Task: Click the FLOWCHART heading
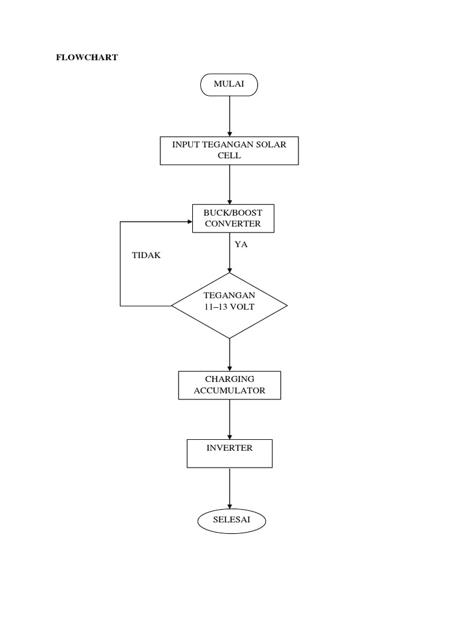tap(87, 58)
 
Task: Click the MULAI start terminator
tap(229, 84)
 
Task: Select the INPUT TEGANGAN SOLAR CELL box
tap(229, 150)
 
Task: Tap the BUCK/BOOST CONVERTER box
tap(233, 218)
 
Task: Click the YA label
tap(241, 245)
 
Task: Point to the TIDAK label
tap(146, 255)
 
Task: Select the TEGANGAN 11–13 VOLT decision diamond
tap(229, 305)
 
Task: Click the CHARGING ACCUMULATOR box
tap(230, 385)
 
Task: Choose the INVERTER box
tap(229, 453)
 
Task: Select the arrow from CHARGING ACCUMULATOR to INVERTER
tap(230, 419)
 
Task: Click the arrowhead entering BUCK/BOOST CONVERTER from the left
tap(188, 222)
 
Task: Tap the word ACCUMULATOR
tap(230, 390)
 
